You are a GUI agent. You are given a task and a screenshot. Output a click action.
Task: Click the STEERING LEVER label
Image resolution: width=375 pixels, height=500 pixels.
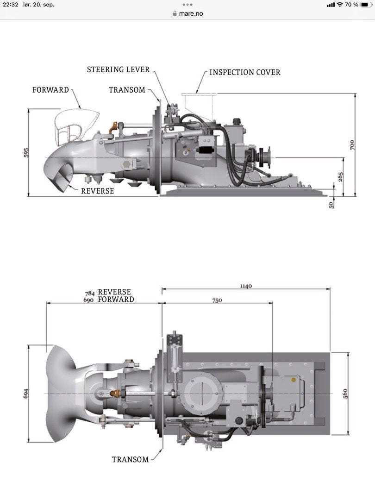pos(119,69)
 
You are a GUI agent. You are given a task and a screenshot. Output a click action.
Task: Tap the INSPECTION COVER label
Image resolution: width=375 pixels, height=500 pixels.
pos(245,72)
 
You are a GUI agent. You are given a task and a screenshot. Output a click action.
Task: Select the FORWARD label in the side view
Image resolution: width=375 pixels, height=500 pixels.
pos(50,90)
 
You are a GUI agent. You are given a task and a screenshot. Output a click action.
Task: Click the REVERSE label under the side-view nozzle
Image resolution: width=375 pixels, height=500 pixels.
pos(98,191)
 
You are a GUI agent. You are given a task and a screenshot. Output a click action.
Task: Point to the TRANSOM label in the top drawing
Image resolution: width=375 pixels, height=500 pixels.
pos(127,90)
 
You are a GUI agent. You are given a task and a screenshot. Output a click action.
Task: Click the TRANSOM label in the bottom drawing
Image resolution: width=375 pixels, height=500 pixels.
pos(131,459)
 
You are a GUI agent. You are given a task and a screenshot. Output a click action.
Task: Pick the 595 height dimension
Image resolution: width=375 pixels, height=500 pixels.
pos(26,153)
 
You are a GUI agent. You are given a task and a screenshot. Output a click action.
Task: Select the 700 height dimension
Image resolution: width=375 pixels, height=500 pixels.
pos(352,145)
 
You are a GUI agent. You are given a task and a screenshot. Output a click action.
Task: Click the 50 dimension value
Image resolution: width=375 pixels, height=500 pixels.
pos(331,204)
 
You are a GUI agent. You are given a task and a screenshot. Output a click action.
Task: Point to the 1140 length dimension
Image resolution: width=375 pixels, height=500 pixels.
pos(246,286)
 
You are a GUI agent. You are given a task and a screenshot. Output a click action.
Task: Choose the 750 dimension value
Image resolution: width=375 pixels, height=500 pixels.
pos(217,300)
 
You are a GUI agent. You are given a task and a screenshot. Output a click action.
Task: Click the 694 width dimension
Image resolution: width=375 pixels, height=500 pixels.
pos(26,393)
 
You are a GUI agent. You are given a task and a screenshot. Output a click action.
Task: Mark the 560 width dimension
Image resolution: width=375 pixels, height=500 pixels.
pos(345,393)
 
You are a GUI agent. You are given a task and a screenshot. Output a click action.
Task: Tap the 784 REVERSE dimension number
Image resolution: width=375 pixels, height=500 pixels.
pos(90,293)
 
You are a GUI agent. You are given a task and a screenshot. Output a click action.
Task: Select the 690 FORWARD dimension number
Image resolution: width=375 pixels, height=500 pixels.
pos(89,300)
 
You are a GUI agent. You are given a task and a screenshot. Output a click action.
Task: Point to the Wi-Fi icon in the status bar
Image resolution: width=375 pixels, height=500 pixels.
pos(340,5)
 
